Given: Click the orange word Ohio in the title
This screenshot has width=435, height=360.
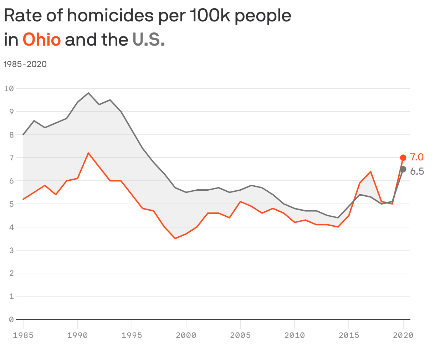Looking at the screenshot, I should [42, 40].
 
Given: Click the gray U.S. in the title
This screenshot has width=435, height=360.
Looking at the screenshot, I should [149, 40].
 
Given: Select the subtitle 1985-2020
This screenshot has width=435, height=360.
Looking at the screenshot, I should [25, 64].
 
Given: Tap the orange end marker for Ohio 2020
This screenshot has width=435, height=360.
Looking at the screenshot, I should [403, 158].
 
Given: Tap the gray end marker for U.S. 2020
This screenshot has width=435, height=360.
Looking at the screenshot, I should [403, 169].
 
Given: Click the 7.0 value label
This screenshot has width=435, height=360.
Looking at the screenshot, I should [417, 157].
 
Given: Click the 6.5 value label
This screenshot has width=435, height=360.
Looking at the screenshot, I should [417, 171].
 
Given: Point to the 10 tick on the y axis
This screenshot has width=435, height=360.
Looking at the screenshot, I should [9, 88].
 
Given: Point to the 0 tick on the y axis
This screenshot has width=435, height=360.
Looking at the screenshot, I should [11, 319].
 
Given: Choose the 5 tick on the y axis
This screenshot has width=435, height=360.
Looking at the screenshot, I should [11, 204].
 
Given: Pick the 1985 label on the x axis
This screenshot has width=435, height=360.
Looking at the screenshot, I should [23, 335].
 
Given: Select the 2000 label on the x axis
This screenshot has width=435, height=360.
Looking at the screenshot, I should [186, 335].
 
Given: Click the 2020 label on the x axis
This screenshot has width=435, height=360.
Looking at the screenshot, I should [403, 335].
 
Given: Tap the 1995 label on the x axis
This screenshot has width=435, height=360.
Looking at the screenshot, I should [132, 335].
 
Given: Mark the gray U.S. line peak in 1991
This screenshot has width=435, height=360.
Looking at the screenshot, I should [88, 93].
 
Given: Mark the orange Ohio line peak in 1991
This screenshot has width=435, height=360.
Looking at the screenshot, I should [88, 153].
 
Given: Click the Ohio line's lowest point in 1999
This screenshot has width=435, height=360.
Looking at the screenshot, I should [175, 238].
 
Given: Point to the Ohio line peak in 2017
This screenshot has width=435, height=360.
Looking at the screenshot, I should [371, 171].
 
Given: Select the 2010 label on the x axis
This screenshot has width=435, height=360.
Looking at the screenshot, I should [295, 335].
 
